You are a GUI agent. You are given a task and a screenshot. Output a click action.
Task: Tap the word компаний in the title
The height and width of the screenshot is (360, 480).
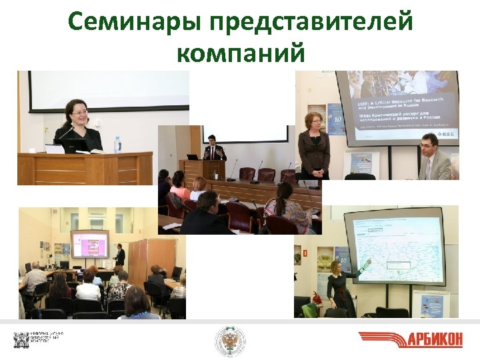point(240,51)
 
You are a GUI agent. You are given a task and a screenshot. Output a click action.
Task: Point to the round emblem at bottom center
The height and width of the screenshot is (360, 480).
point(229,341)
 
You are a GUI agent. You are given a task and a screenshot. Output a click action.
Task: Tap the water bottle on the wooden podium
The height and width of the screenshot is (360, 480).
point(118,144)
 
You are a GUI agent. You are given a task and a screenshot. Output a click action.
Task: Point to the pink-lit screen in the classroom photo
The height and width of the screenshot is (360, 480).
point(90,244)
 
